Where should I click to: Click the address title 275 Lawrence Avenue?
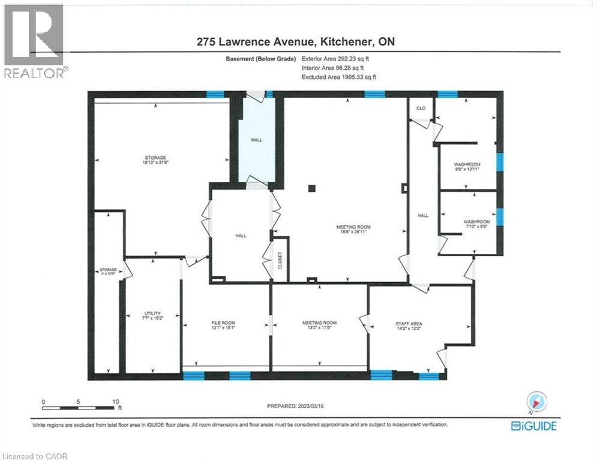click(x=296, y=41)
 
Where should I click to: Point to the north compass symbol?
click(x=534, y=403)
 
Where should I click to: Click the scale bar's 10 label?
click(x=115, y=402)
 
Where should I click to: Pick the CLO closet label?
click(x=421, y=108)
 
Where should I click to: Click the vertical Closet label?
click(x=280, y=259)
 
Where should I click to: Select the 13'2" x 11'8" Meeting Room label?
click(x=319, y=325)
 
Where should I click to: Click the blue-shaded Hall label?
click(x=256, y=140)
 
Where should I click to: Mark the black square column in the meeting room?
click(x=311, y=188)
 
